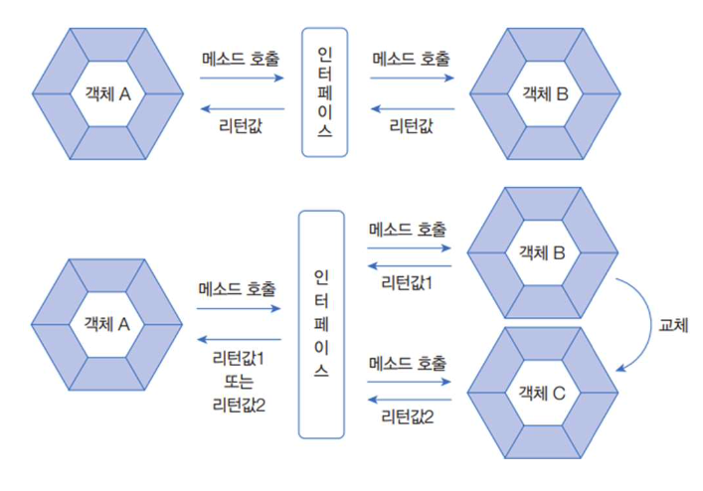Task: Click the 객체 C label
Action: [542, 395]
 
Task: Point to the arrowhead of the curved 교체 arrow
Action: [620, 369]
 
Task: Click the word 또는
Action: [239, 382]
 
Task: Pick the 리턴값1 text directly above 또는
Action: [239, 360]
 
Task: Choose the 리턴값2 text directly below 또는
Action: [239, 404]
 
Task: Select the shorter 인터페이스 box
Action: [324, 91]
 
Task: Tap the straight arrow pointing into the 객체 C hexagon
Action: [408, 382]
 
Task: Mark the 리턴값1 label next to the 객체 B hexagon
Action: [408, 284]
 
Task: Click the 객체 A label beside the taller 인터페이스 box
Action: [109, 324]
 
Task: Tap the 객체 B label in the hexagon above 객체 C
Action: [542, 251]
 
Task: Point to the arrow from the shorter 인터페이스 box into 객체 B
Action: [411, 78]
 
